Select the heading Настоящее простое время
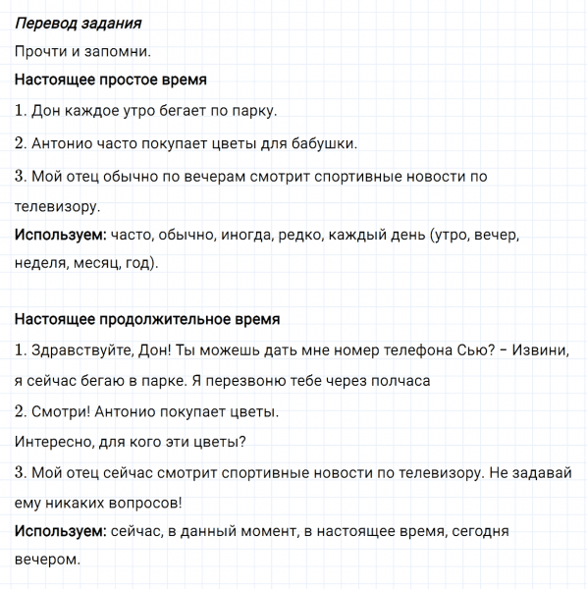coord(111,80)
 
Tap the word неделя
coord(38,263)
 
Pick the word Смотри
coord(57,411)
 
